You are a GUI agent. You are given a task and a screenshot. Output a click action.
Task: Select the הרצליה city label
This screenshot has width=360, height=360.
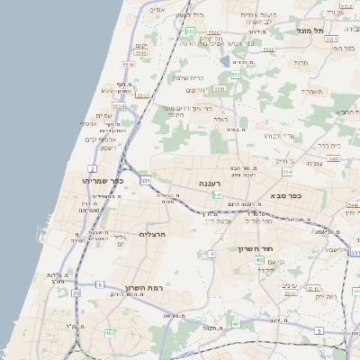click(x=154, y=233)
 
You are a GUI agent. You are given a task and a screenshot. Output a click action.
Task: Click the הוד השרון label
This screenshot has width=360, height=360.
click(x=256, y=248)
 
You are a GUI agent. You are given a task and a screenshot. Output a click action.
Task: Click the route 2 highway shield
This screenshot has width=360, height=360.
click(x=92, y=168)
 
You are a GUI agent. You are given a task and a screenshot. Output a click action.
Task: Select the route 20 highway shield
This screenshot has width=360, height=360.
click(x=76, y=293)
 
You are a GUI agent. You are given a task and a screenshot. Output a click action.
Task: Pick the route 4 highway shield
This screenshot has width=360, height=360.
click(x=211, y=254)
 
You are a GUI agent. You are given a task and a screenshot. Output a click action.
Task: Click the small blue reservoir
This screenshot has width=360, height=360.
click(x=224, y=61)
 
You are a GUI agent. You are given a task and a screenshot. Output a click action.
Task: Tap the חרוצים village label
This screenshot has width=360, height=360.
click(x=196, y=90)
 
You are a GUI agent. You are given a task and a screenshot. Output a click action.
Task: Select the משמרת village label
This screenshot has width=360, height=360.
click(x=313, y=91)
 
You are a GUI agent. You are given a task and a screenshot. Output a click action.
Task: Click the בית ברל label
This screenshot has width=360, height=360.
click(x=328, y=144)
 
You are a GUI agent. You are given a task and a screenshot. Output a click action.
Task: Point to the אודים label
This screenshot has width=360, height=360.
click(x=157, y=9)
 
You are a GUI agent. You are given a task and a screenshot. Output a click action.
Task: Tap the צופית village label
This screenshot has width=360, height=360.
click(x=314, y=163)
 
